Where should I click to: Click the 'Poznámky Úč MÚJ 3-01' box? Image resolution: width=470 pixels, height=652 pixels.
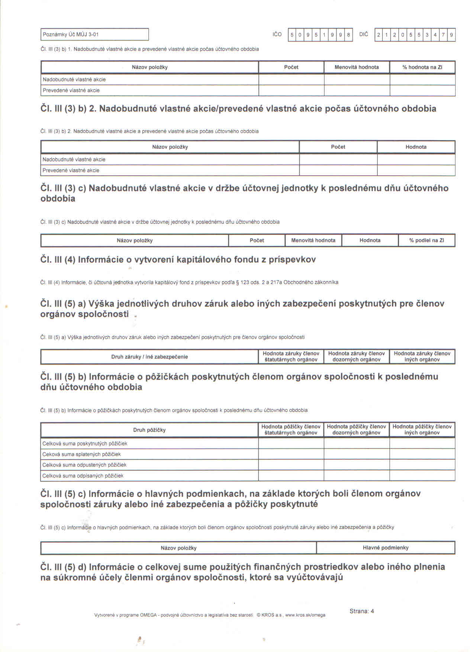click(94, 34)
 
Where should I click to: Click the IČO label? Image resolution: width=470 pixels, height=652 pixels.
click(277, 34)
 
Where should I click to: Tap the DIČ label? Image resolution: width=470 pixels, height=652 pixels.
click(363, 34)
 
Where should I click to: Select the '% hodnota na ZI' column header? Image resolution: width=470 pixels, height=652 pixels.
click(422, 67)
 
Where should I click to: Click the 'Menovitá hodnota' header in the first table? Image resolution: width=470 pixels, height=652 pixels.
click(357, 67)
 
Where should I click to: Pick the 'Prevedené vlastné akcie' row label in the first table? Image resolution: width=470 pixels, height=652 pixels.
click(71, 90)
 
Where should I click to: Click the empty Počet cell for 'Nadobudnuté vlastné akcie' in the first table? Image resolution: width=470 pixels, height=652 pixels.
click(291, 80)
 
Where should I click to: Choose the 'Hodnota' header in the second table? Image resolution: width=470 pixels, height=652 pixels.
click(416, 147)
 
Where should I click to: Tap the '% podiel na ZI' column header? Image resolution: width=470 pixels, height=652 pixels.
click(426, 240)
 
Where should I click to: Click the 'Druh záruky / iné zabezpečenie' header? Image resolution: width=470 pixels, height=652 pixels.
click(149, 357)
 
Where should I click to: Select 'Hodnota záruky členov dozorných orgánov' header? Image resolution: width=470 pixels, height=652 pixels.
click(356, 357)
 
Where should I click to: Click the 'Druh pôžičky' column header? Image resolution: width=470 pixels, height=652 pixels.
click(149, 430)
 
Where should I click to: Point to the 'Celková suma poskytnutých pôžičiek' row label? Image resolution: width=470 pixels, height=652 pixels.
click(85, 444)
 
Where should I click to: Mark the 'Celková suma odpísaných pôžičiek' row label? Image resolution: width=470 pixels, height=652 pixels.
click(83, 476)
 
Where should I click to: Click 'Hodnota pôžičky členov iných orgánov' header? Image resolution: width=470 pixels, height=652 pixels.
click(422, 429)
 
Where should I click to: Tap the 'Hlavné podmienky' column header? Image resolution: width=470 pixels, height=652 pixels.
click(386, 548)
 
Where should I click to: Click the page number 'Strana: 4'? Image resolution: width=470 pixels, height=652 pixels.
click(361, 611)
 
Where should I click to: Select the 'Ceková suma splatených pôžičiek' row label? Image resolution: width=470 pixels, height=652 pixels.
click(81, 454)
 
